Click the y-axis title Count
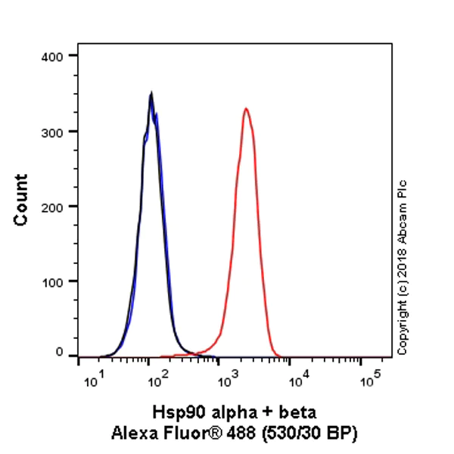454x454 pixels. [21, 199]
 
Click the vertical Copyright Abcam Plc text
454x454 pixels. [402, 267]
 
